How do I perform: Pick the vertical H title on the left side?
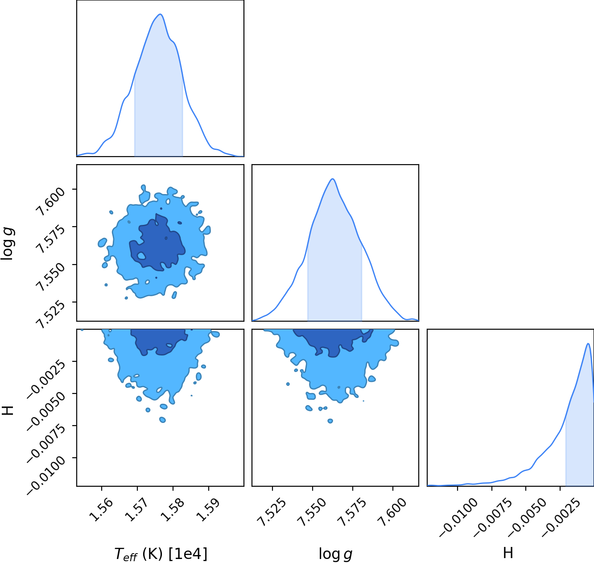8,410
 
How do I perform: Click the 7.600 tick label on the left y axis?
50,201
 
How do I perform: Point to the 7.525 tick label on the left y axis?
50,314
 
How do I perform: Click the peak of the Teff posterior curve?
161,14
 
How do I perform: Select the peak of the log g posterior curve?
332,179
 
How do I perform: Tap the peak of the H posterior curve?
588,344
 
